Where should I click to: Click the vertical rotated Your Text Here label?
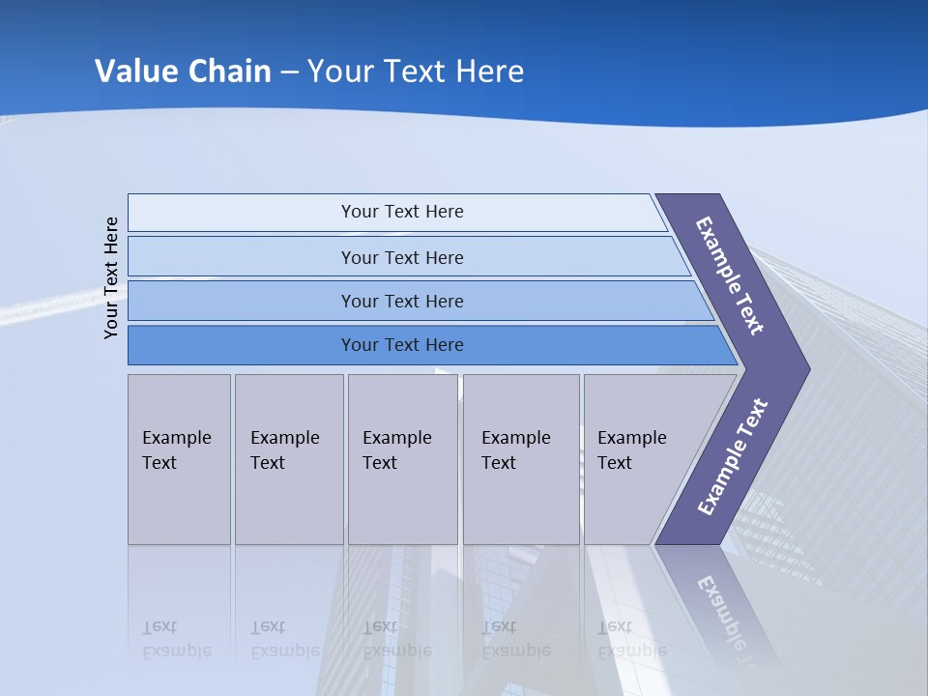111,277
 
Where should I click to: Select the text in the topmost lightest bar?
402,212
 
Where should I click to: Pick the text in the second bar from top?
402,258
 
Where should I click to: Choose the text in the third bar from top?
402,302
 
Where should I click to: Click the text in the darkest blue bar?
402,345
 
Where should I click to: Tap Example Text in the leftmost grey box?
176,450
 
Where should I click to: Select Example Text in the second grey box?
284,450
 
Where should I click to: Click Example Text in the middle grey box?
396,450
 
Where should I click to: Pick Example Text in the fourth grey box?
515,450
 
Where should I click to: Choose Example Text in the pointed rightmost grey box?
631,450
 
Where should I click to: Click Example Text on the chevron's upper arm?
730,275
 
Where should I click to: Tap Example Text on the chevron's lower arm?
732,457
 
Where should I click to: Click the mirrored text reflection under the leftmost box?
176,639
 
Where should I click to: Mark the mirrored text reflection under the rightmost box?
631,639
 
